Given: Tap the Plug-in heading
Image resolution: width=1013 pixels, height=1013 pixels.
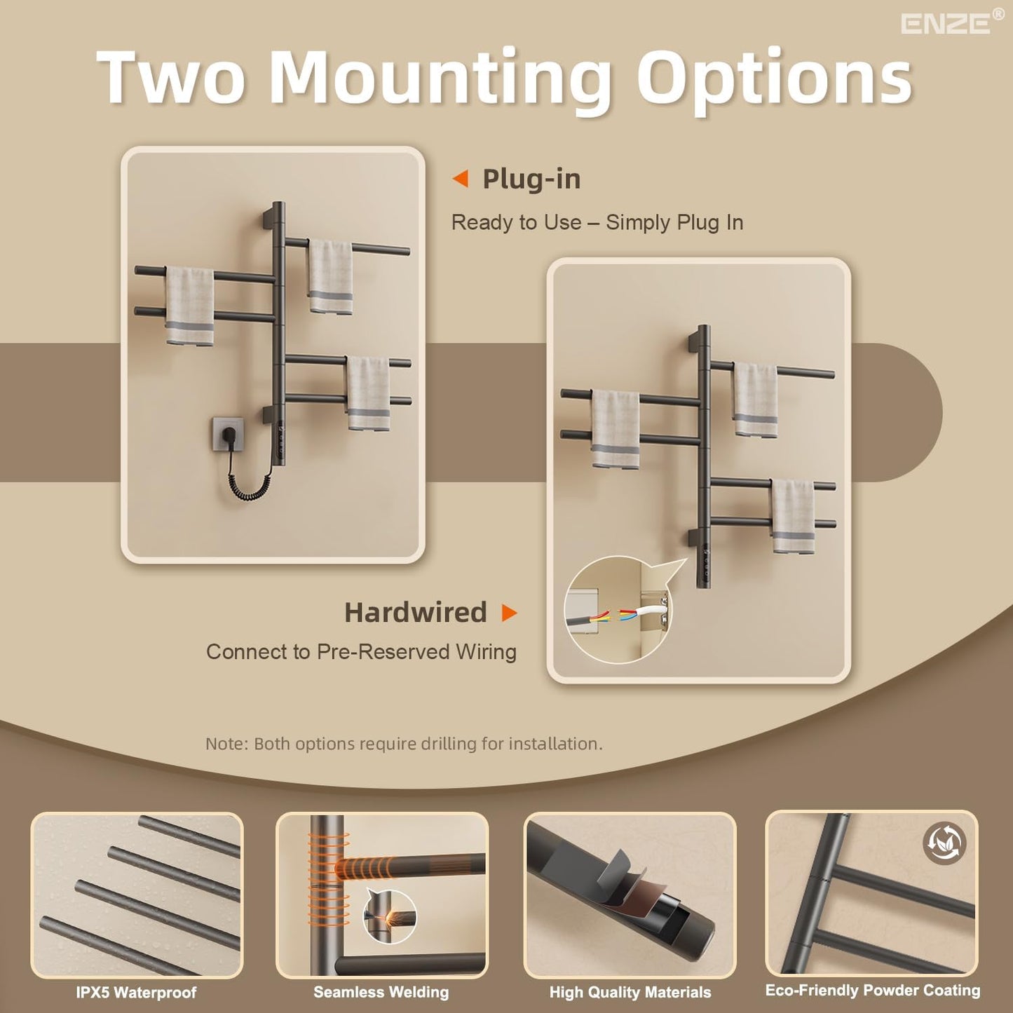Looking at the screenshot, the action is tap(531, 179).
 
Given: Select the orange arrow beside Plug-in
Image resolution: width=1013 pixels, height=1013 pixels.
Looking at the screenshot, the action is tap(460, 179).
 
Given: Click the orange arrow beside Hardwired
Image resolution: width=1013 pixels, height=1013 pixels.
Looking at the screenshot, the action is tap(509, 613).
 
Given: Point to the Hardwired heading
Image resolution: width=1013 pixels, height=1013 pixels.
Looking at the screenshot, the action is tap(415, 613).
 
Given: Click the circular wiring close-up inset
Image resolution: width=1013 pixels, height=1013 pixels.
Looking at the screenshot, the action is tap(618, 610).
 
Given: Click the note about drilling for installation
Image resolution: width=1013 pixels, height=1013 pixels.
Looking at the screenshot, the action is tap(404, 744).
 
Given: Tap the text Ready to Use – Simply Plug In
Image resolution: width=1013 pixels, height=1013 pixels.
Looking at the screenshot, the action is tap(597, 222).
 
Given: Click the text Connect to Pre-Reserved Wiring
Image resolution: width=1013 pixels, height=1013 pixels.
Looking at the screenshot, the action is tap(361, 652).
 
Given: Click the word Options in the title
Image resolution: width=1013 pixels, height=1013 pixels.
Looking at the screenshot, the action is tap(778, 79).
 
